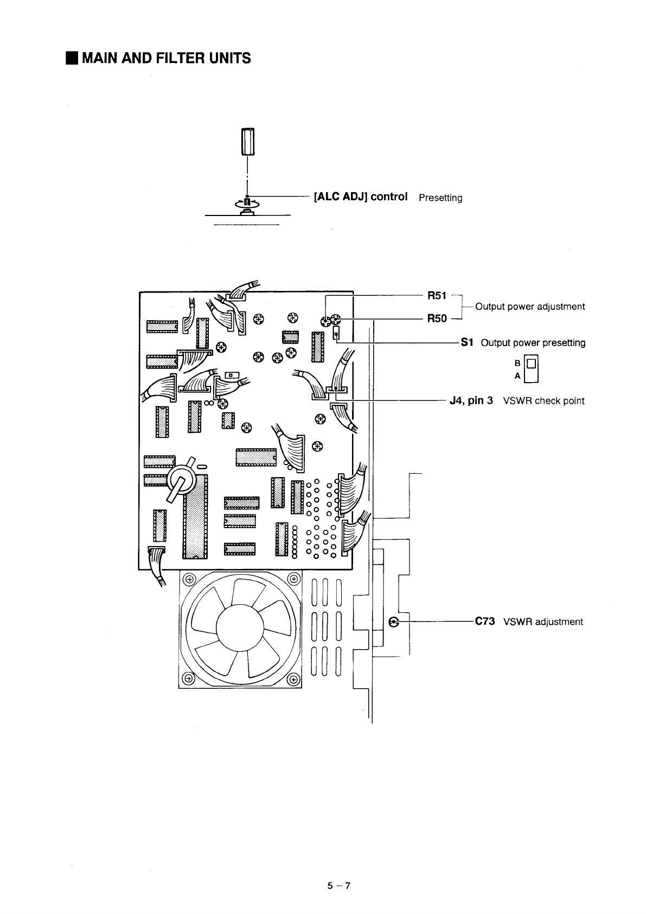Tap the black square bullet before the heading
pyautogui.click(x=71, y=58)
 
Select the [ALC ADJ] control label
pyautogui.click(x=361, y=196)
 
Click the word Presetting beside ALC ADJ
pyautogui.click(x=440, y=198)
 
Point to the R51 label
pyautogui.click(x=437, y=296)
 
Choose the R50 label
pyautogui.click(x=437, y=319)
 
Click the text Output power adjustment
pyautogui.click(x=530, y=307)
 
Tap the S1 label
pyautogui.click(x=467, y=342)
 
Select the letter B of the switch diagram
pyautogui.click(x=517, y=363)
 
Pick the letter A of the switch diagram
pyautogui.click(x=517, y=376)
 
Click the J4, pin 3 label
pyautogui.click(x=471, y=401)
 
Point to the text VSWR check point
pyautogui.click(x=544, y=401)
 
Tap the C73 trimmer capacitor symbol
pyautogui.click(x=395, y=622)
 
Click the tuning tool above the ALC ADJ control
pyautogui.click(x=247, y=141)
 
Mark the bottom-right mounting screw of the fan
pyautogui.click(x=292, y=678)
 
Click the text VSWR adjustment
pyautogui.click(x=543, y=622)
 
